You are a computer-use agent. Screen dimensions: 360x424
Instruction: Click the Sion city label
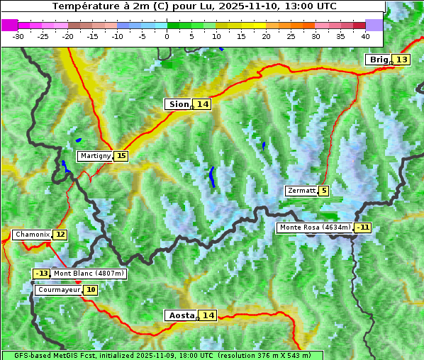coord(178,104)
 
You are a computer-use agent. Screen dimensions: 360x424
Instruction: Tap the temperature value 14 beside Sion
coord(203,104)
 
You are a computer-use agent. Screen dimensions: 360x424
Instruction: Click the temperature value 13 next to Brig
coord(401,60)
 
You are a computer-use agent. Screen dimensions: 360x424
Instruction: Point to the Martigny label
coord(95,156)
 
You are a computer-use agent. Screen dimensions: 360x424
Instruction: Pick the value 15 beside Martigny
coord(121,156)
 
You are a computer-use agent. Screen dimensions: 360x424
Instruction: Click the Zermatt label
coord(301,191)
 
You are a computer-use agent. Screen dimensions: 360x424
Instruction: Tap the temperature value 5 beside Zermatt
coord(324,191)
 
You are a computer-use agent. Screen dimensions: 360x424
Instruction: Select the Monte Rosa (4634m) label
coord(314,227)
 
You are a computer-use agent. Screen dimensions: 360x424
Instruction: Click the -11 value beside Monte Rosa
coord(364,227)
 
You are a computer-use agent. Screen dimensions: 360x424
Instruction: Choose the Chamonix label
coord(32,235)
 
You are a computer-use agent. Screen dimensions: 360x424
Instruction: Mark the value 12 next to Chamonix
coord(60,235)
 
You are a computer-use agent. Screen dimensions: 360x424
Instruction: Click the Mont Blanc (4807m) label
coord(89,274)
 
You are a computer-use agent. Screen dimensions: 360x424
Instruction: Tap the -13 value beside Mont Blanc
coord(42,274)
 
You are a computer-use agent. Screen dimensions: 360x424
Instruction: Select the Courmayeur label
coord(58,290)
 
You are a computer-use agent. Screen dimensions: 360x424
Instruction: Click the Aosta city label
coord(180,315)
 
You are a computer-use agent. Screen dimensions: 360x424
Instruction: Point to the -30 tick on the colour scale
coord(18,35)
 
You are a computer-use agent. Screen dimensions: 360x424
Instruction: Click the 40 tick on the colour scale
coord(365,35)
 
